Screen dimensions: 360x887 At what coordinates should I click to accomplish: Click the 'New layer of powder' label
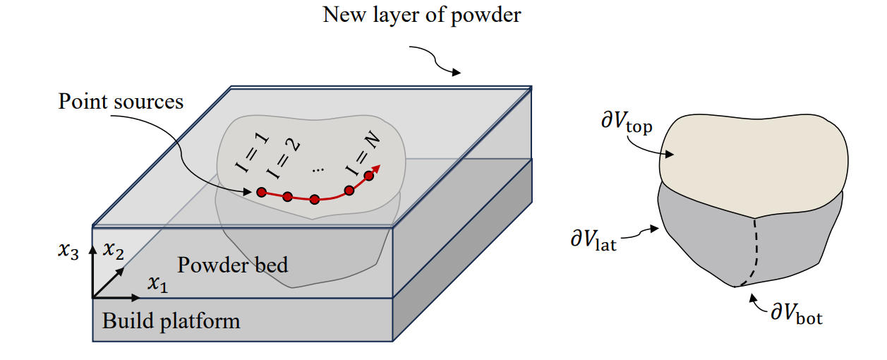click(421, 15)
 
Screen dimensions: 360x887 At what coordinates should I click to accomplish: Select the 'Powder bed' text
click(232, 265)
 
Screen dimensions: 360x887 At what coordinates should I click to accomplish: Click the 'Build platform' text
click(171, 321)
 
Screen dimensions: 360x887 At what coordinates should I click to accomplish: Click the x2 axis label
click(114, 249)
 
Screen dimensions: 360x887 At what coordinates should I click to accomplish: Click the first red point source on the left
click(261, 192)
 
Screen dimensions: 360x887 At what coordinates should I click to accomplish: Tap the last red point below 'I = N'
click(368, 176)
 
